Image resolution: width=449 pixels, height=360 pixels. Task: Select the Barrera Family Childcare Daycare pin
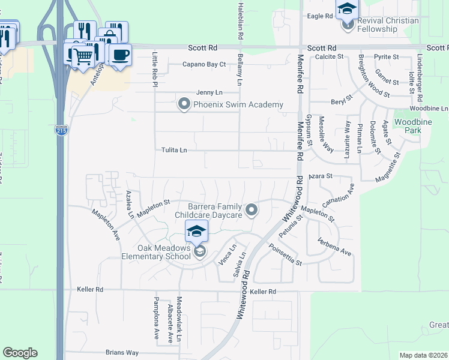(252, 210)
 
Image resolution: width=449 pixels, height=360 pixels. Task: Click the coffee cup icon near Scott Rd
(120, 55)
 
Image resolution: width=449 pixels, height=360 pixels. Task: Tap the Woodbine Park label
(408, 126)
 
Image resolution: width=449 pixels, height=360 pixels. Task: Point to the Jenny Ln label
(209, 92)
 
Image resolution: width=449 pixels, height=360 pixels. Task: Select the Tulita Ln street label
(174, 151)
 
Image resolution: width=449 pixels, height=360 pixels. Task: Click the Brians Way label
(122, 353)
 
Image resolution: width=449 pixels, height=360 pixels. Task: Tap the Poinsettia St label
(285, 255)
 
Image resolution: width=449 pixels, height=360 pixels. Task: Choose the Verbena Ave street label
(334, 247)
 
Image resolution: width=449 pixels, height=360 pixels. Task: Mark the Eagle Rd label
(320, 16)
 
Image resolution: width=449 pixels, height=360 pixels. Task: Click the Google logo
(20, 353)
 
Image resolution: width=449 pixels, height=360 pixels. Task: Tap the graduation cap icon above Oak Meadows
(196, 230)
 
